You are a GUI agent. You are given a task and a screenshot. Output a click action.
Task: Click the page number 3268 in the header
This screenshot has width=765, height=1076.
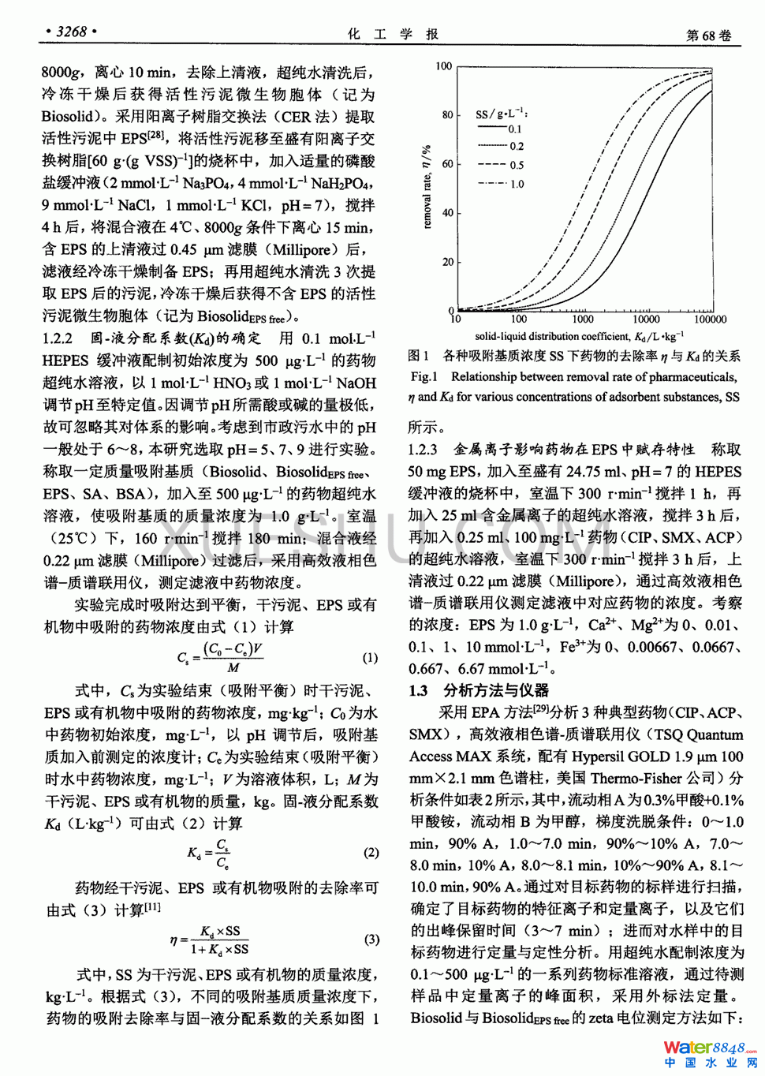72,32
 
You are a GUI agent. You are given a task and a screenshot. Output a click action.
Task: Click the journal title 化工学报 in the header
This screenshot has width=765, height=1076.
392,34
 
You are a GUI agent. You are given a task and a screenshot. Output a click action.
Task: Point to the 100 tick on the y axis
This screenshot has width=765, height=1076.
444,66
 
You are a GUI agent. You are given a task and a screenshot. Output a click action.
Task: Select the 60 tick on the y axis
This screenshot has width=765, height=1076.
447,164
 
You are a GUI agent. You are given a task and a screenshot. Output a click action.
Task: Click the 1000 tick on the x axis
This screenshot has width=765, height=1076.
582,319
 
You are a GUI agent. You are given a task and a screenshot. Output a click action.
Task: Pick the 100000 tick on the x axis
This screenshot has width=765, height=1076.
710,319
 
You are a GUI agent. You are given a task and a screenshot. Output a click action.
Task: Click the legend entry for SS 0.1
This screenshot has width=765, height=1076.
500,129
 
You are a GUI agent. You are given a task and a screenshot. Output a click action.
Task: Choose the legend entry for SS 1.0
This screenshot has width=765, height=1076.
501,184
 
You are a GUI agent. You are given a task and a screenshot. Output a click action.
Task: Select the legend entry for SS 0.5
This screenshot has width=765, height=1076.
501,165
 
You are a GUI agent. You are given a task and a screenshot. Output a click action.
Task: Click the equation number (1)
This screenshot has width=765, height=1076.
370,657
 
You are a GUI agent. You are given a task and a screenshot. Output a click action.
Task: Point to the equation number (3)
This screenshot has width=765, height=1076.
371,940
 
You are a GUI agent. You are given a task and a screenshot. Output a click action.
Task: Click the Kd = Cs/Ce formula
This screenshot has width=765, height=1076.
208,854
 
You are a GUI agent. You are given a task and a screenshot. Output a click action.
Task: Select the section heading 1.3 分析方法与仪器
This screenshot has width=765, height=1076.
479,691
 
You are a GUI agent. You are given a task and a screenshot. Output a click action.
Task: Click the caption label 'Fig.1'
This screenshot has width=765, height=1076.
424,377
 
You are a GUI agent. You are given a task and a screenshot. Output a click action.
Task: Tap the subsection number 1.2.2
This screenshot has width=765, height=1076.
58,339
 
